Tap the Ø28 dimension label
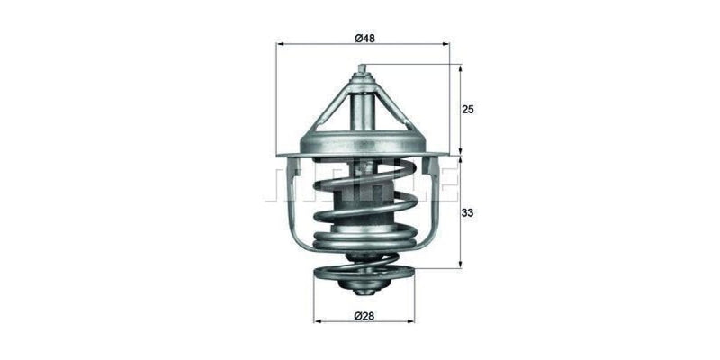(363, 315)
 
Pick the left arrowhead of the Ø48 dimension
(279, 43)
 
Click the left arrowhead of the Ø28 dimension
(316, 322)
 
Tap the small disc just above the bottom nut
(363, 274)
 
